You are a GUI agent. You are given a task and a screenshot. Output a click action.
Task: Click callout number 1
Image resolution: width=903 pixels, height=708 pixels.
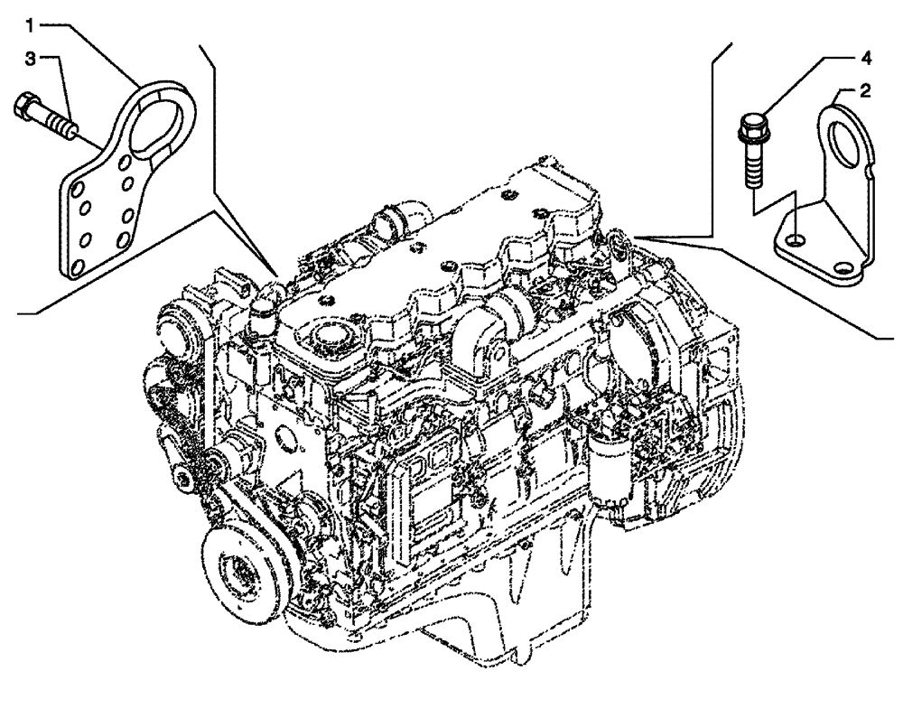tap(31, 21)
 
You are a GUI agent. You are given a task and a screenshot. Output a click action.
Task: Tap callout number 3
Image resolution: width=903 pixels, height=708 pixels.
tap(31, 60)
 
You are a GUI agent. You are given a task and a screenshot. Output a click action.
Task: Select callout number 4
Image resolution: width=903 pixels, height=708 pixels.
tap(865, 59)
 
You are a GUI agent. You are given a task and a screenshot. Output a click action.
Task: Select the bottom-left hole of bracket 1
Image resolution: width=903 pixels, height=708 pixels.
tap(76, 265)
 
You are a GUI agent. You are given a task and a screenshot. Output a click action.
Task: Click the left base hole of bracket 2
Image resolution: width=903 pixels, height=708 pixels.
tap(792, 240)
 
